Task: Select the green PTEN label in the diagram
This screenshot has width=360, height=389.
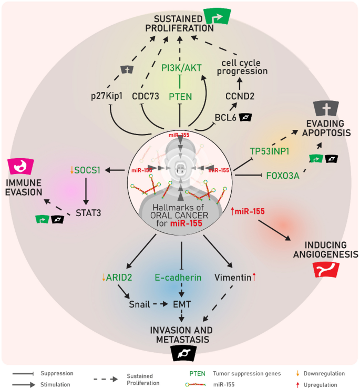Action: click(180, 96)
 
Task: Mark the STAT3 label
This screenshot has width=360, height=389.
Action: click(86, 214)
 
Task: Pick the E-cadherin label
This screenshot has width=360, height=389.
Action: click(178, 277)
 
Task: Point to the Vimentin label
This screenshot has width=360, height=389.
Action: click(232, 277)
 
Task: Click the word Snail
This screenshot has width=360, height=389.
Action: click(140, 304)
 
